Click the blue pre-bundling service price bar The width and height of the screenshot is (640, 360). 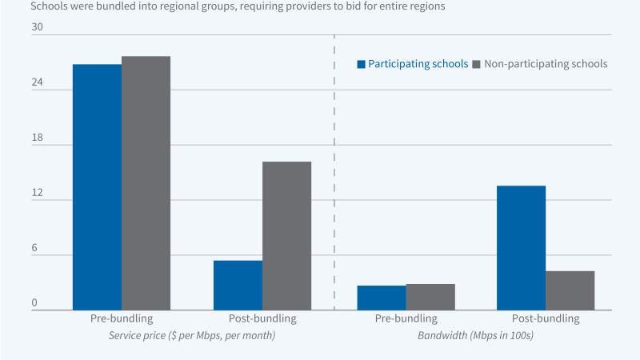(97, 187)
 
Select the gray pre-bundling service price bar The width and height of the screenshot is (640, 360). (146, 183)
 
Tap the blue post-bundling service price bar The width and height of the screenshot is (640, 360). (238, 285)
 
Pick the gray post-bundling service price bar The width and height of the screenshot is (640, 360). (286, 236)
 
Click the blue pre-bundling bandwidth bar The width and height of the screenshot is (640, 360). (381, 298)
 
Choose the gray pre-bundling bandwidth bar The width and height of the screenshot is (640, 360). (430, 297)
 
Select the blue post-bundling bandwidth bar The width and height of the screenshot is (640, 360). (521, 248)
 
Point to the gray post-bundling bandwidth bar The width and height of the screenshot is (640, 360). (570, 290)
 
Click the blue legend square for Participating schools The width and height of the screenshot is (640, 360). (361, 64)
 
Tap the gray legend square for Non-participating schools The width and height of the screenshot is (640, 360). (478, 64)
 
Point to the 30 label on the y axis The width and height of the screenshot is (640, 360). (37, 28)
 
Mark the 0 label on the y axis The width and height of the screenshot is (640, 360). (34, 303)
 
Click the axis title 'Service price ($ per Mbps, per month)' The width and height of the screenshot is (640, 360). (192, 336)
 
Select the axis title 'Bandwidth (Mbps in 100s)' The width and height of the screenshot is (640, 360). (475, 336)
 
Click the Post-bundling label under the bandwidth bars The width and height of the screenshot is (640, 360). (545, 318)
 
